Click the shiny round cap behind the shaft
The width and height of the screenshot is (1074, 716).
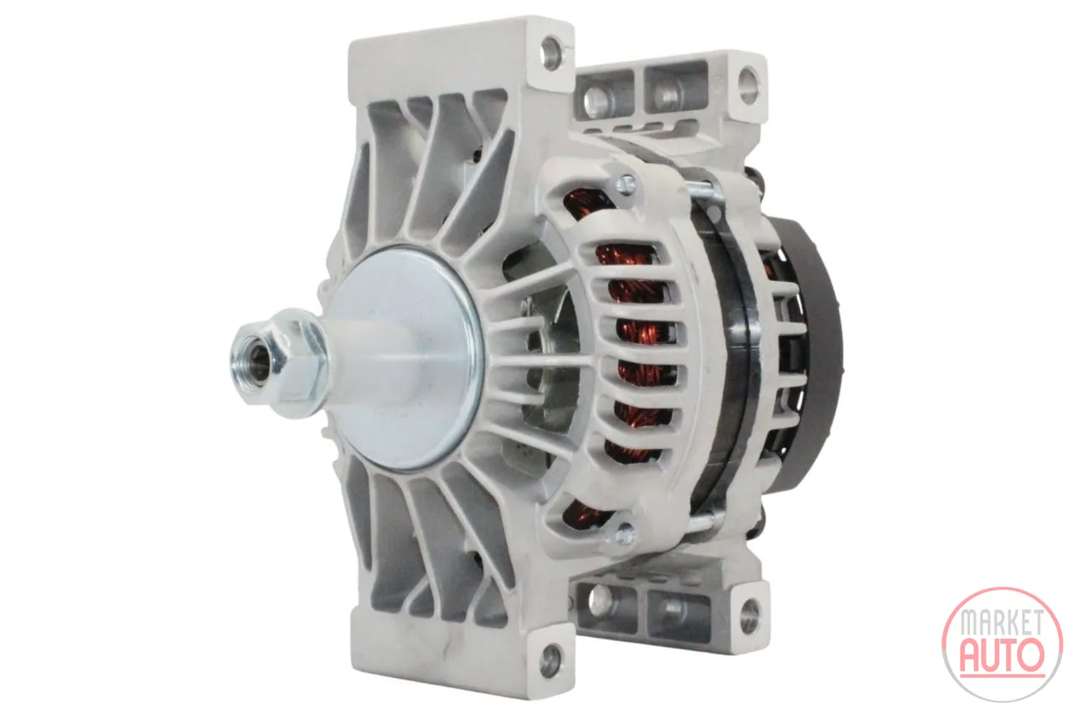pos(408,358)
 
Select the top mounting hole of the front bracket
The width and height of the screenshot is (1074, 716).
pos(552,51)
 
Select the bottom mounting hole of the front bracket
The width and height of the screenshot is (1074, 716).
pos(551,661)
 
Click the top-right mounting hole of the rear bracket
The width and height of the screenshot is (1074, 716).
pos(748,86)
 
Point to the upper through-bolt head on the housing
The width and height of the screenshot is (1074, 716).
pos(626,184)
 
